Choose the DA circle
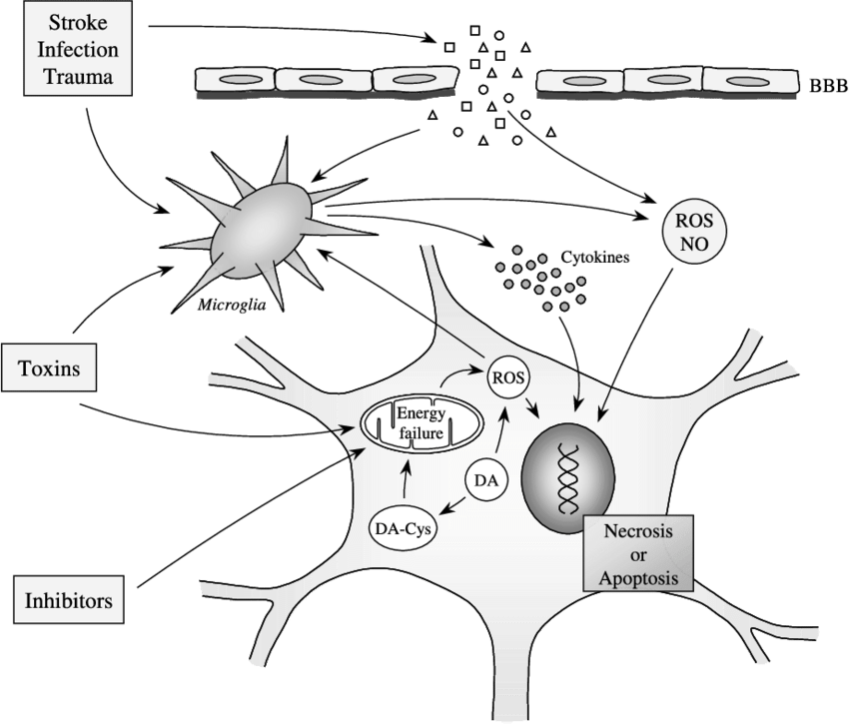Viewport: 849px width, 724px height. tap(486, 481)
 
